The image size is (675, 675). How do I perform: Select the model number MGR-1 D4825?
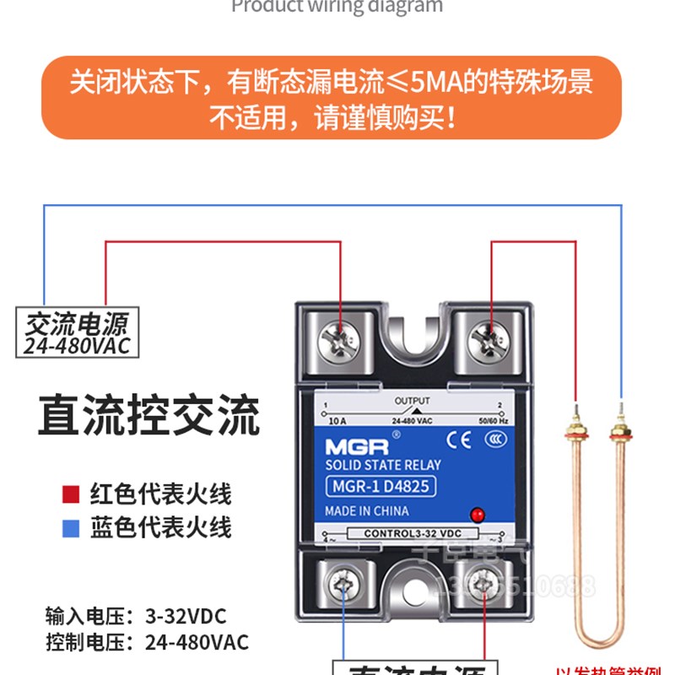(x=381, y=487)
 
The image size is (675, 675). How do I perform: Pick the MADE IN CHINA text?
(x=367, y=511)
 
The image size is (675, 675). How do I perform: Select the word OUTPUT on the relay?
(x=412, y=402)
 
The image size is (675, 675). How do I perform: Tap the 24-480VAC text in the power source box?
(x=76, y=346)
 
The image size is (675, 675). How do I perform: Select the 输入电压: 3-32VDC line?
(x=136, y=615)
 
